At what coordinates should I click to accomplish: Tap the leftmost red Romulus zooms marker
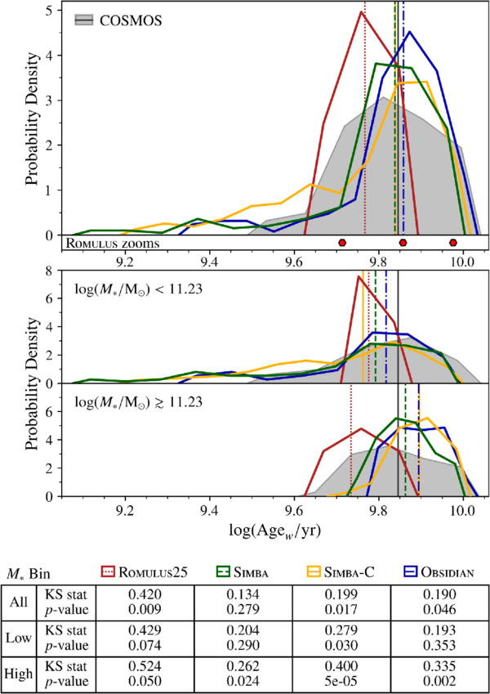pyautogui.click(x=342, y=243)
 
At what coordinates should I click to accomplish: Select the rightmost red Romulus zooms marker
pyautogui.click(x=453, y=243)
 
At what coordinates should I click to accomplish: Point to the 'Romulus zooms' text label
pyautogui.click(x=112, y=243)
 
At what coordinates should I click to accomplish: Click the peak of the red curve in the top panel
pyautogui.click(x=363, y=11)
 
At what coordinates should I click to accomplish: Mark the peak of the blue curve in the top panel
pyautogui.click(x=409, y=32)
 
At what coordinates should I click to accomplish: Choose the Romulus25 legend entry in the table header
pyautogui.click(x=158, y=571)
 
